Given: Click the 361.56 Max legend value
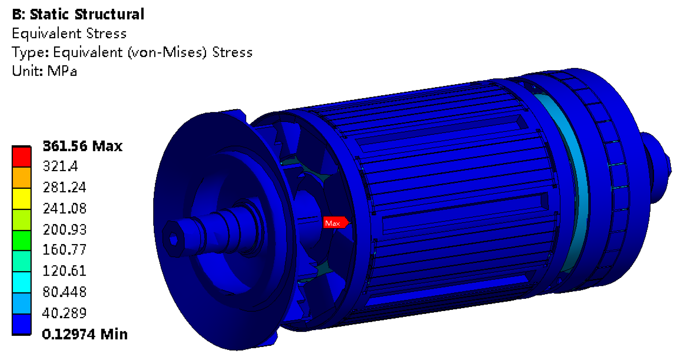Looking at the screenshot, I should [82, 146].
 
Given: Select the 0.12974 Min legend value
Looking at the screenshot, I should [85, 334].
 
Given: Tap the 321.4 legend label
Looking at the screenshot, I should [60, 166].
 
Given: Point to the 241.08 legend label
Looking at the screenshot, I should [64, 208].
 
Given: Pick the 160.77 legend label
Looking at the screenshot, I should [64, 249].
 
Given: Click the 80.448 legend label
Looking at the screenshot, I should [64, 292].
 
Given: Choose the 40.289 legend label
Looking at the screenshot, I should [64, 313].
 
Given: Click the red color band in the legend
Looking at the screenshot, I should [22, 157].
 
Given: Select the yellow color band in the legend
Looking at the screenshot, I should [22, 199].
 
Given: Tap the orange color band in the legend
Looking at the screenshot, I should [22, 177].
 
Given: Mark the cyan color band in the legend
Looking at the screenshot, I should [22, 282].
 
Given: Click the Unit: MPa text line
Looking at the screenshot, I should [44, 71].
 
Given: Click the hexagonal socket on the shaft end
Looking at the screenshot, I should [173, 239].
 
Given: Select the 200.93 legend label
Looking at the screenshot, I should [64, 229].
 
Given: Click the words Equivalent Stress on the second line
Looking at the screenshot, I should [69, 33].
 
